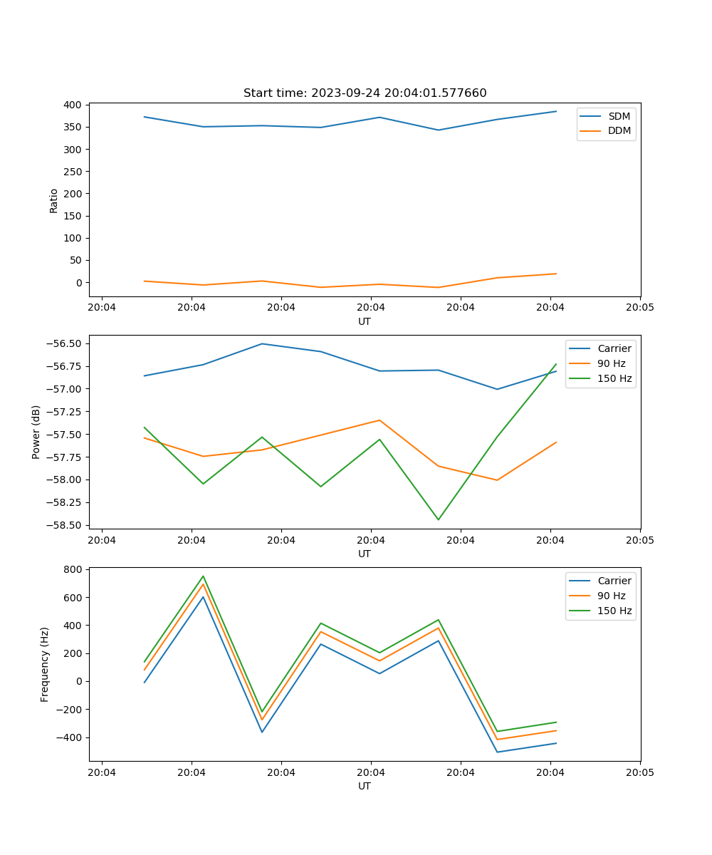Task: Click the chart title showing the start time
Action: (x=365, y=93)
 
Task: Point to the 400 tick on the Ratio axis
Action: (x=72, y=105)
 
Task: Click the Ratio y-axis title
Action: (x=54, y=200)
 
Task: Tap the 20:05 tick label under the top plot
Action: (x=639, y=308)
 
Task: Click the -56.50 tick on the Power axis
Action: (x=62, y=343)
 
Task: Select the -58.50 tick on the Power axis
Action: (x=62, y=525)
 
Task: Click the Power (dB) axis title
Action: (x=36, y=432)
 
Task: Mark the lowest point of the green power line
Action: (x=438, y=519)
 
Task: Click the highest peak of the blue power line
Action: (x=262, y=343)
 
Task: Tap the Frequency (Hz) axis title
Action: (x=45, y=664)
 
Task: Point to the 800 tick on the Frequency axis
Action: (x=72, y=569)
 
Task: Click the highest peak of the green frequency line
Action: (x=203, y=576)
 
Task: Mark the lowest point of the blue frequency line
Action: (x=497, y=752)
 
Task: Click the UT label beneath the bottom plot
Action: (x=365, y=786)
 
